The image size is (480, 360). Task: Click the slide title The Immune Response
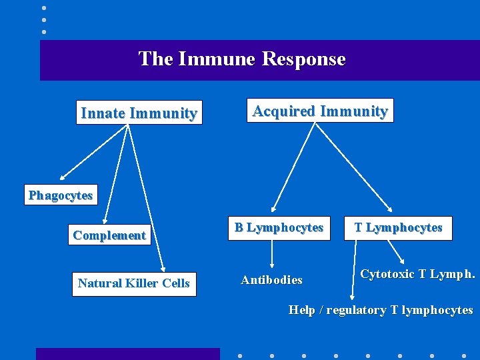[x=242, y=59]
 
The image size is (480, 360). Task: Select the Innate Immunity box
[x=139, y=113]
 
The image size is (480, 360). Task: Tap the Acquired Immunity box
[x=319, y=111]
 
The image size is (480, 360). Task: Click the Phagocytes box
[x=60, y=195]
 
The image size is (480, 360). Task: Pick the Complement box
[x=109, y=235]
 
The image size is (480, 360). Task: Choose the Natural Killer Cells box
[x=134, y=283]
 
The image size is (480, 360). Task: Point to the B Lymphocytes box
[x=279, y=228]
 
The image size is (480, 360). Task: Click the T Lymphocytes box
[x=398, y=228]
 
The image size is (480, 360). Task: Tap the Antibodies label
[x=271, y=280]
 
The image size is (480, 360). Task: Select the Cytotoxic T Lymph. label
[x=417, y=274]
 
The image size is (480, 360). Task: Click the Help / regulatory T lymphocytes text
[x=380, y=310]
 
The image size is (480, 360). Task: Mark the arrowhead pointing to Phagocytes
[x=62, y=178]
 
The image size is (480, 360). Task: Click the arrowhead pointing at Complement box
[x=105, y=221]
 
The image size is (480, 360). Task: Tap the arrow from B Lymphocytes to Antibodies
[x=272, y=254]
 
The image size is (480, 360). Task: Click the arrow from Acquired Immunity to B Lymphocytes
[x=290, y=167]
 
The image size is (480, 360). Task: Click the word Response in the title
[x=303, y=59]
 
